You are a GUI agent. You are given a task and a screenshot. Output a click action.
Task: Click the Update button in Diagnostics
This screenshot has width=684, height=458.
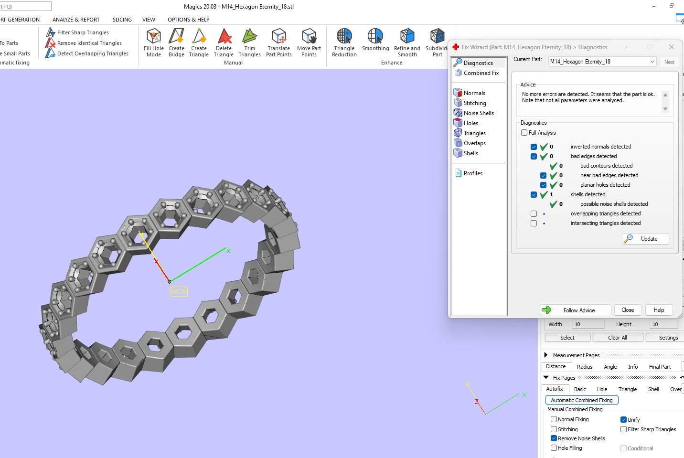[x=645, y=239]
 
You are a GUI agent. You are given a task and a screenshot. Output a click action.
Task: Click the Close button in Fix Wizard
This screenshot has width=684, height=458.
[x=628, y=310]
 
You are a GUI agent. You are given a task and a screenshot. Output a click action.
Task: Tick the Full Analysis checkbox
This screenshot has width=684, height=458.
[x=524, y=133]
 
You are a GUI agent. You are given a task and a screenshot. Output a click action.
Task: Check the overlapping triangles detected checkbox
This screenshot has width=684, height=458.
[x=534, y=213]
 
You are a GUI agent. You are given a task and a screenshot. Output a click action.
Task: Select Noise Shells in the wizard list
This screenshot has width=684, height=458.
[x=478, y=113]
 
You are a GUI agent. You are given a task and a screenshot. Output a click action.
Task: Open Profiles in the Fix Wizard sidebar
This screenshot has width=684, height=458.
[x=472, y=173]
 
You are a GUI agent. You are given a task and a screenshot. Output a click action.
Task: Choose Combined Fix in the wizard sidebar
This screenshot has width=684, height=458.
[x=481, y=73]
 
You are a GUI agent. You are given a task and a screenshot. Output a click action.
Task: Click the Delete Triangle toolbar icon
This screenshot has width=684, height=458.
[x=224, y=37]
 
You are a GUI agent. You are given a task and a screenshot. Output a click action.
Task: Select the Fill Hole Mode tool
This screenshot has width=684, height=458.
[x=154, y=37]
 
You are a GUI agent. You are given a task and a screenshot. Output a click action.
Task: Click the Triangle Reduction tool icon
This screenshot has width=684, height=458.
[x=344, y=37]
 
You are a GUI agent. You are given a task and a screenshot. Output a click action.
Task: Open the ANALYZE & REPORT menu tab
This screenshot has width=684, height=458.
[x=76, y=20]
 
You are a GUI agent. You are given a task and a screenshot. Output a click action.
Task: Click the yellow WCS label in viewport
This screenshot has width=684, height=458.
[x=179, y=291]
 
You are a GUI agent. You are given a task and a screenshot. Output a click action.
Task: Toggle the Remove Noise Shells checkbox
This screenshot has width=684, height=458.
[x=554, y=438]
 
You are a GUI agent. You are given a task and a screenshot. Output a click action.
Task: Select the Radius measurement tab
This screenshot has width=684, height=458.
[x=584, y=367]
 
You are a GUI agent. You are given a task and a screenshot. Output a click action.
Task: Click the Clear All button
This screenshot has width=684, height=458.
[x=617, y=338]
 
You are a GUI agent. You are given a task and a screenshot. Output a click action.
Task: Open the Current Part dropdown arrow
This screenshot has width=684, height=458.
[x=652, y=62]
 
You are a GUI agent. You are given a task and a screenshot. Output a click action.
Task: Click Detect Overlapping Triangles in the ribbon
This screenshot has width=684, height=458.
[x=93, y=53]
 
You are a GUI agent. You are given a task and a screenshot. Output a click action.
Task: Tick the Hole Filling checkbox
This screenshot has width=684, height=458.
[x=554, y=448]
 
